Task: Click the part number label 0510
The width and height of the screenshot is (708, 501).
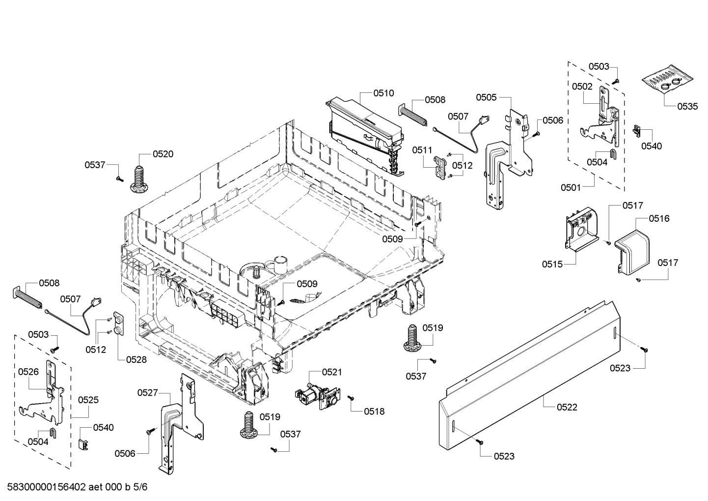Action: coord(383,93)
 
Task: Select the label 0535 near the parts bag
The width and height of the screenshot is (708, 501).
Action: coord(687,106)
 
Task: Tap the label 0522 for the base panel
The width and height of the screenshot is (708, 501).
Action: coord(567,407)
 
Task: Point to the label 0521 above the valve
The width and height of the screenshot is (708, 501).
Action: coord(332,372)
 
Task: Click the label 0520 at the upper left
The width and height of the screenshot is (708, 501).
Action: coord(163,154)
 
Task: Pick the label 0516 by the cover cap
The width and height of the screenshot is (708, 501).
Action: coord(659,218)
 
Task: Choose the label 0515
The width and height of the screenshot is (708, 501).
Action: coord(552,264)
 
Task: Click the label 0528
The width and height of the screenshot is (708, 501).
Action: coord(136,359)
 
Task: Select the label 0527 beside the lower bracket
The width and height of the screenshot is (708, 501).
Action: coord(147,392)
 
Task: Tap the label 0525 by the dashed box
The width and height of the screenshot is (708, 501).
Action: coord(88,400)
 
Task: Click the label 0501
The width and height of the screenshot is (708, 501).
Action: coord(571,187)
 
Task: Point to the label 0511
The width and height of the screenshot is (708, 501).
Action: coord(422,149)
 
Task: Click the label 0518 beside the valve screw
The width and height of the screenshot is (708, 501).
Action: coord(374,412)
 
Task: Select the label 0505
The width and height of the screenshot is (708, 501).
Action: coord(486,97)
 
